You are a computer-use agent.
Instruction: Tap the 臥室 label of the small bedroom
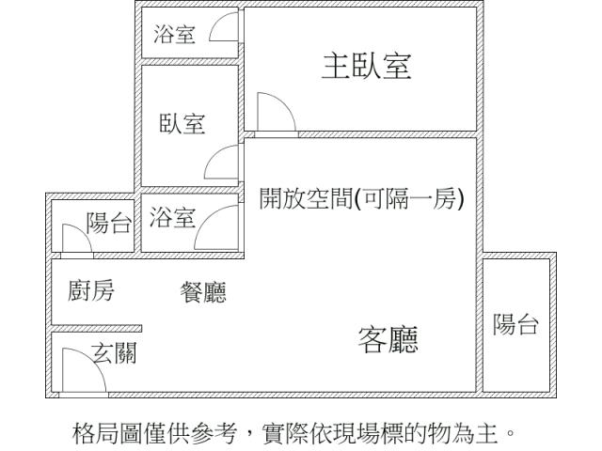click(x=182, y=124)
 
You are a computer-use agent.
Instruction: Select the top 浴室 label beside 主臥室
click(x=175, y=36)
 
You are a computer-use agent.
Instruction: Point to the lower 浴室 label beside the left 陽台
click(x=172, y=220)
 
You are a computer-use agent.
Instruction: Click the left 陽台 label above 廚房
click(x=109, y=224)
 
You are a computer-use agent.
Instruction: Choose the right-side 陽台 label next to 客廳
click(x=515, y=325)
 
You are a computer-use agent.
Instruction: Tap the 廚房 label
click(x=91, y=291)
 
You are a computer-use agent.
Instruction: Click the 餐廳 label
click(x=202, y=293)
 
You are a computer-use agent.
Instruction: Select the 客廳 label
click(x=388, y=339)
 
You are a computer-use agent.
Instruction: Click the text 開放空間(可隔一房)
click(x=361, y=199)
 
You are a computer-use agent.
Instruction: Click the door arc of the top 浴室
click(x=223, y=30)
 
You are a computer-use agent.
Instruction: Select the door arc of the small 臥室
click(x=222, y=162)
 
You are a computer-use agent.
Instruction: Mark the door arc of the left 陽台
click(x=73, y=239)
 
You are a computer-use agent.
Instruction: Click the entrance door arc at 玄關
click(x=80, y=368)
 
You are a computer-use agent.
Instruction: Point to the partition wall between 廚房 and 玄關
click(x=95, y=329)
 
